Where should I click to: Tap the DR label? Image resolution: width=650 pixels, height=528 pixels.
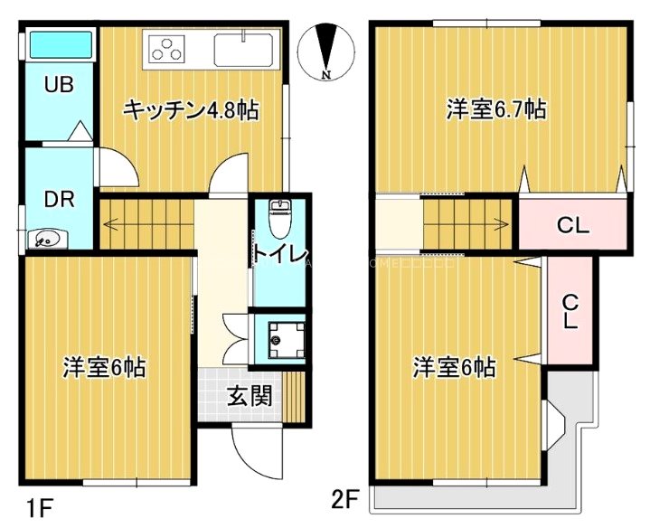coord(59,200)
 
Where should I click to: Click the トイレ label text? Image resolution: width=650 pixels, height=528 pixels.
coord(281,252)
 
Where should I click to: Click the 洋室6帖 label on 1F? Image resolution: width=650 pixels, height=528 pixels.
coord(104,368)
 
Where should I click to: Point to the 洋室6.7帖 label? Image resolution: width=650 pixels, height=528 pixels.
coord(495,110)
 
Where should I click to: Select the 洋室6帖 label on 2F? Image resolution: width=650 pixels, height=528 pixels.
coord(454,368)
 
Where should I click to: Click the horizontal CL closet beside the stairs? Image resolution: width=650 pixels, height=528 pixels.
coord(572,225)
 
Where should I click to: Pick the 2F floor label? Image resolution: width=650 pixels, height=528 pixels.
coord(345,499)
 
